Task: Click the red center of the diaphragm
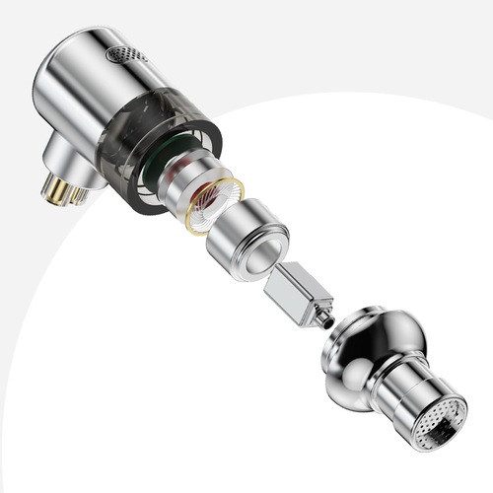tap(214, 202)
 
